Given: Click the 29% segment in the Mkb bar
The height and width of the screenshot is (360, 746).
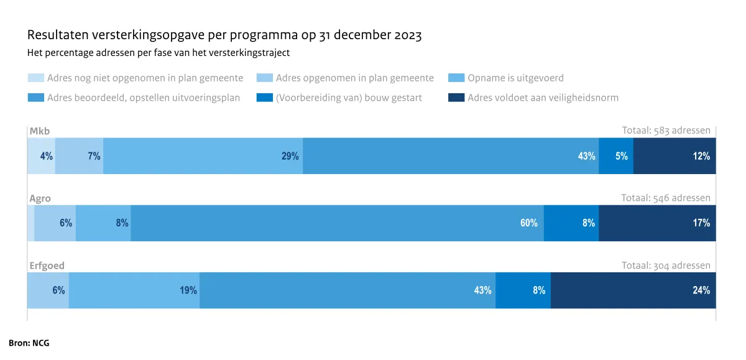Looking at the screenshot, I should click(x=203, y=156).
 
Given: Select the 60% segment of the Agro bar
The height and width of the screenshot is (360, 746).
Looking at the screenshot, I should click(x=337, y=223).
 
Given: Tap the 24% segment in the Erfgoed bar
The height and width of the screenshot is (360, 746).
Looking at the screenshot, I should click(x=633, y=290).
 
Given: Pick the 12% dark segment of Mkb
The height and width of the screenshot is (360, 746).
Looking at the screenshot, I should click(x=674, y=156).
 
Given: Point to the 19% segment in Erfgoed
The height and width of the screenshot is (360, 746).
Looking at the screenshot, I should click(x=134, y=290).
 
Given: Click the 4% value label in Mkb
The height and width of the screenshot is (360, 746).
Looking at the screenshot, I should click(x=46, y=157).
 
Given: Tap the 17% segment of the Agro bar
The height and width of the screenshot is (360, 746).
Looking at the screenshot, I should click(x=656, y=223).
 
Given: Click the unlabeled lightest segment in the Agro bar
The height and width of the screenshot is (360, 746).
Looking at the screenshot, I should click(x=30, y=223).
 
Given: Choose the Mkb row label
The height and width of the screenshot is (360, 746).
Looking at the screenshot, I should click(x=40, y=131).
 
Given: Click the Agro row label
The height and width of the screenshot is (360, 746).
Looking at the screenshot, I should click(x=40, y=198).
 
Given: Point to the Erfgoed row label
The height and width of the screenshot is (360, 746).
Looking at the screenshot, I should click(x=47, y=265).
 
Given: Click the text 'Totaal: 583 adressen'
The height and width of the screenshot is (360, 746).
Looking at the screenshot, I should click(x=666, y=131).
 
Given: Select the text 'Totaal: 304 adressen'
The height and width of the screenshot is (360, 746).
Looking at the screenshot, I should click(x=666, y=265).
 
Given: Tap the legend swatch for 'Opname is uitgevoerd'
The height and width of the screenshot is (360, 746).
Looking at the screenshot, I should click(x=456, y=78).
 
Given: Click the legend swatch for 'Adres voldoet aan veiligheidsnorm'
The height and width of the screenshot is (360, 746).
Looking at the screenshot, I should click(x=456, y=98).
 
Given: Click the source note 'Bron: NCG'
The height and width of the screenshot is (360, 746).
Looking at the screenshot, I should click(x=29, y=343).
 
